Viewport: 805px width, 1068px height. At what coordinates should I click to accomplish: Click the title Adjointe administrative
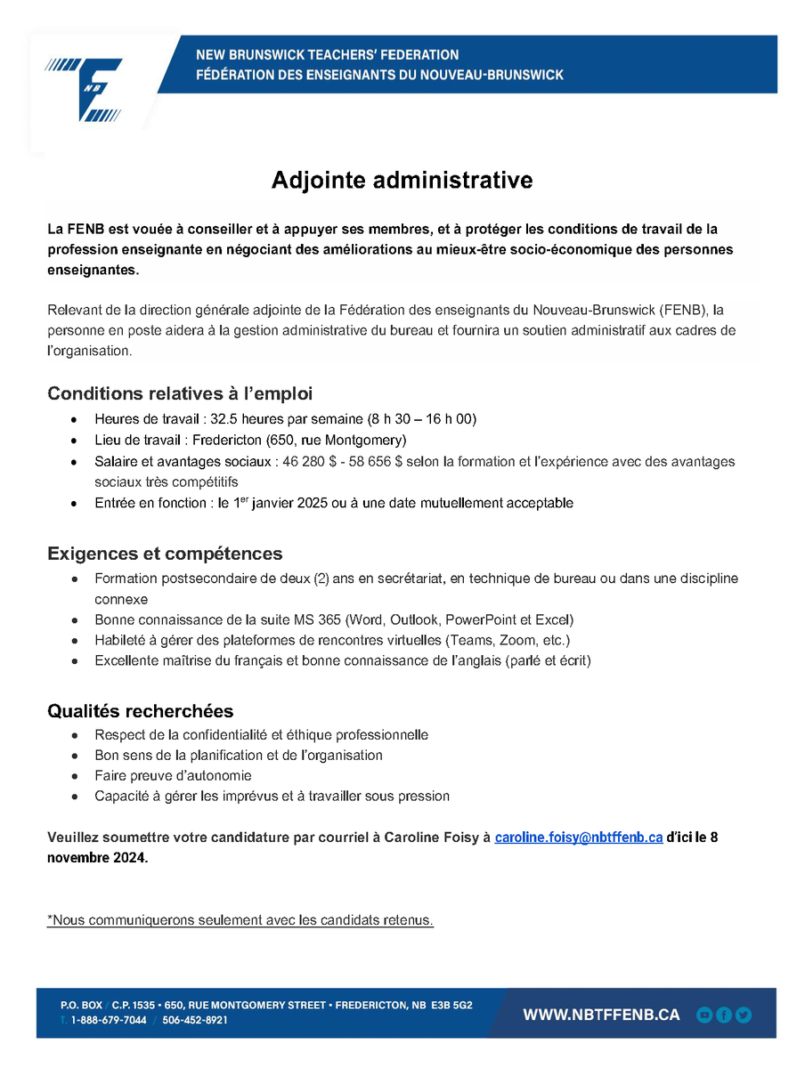(x=402, y=180)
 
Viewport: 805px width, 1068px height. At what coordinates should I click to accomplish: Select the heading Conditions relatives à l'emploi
(x=180, y=393)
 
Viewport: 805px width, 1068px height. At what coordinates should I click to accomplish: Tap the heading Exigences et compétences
(x=165, y=554)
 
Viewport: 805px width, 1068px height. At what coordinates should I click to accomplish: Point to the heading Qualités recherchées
(x=141, y=711)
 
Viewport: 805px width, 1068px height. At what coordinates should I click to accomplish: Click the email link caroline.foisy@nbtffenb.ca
(x=578, y=837)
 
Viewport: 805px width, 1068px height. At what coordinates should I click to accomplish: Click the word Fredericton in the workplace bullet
(x=215, y=440)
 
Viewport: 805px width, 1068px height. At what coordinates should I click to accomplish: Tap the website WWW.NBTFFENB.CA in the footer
(x=601, y=1015)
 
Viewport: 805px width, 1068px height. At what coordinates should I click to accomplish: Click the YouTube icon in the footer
(x=704, y=1015)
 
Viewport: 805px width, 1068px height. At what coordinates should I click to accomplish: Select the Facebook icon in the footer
(x=724, y=1015)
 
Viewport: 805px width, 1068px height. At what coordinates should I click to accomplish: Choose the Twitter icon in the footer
(x=744, y=1015)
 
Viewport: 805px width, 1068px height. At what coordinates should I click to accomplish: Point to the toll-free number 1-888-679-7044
(x=109, y=1021)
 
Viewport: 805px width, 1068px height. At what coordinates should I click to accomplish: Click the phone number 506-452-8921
(x=195, y=1021)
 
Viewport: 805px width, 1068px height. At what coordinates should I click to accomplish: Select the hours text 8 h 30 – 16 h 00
(x=425, y=418)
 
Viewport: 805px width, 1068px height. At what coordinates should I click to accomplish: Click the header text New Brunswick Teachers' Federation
(x=328, y=55)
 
